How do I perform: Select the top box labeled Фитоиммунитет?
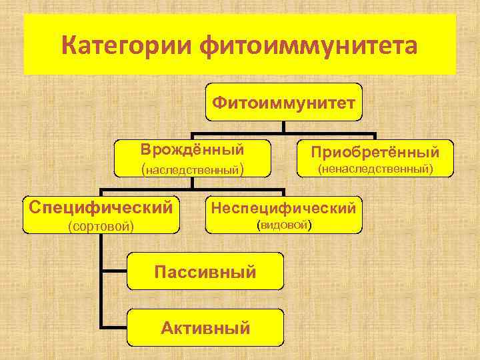pyautogui.click(x=283, y=102)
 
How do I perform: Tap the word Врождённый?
pyautogui.click(x=192, y=149)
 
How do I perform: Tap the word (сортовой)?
pyautogui.click(x=101, y=227)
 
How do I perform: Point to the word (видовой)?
pyautogui.click(x=283, y=225)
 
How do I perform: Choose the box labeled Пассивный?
pyautogui.click(x=205, y=271)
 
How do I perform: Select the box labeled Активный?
pyautogui.click(x=205, y=327)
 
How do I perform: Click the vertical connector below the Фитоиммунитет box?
pyautogui.click(x=283, y=127)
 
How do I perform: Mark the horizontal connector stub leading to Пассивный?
pyautogui.click(x=114, y=271)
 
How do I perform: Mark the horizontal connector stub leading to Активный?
pyautogui.click(x=114, y=327)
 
